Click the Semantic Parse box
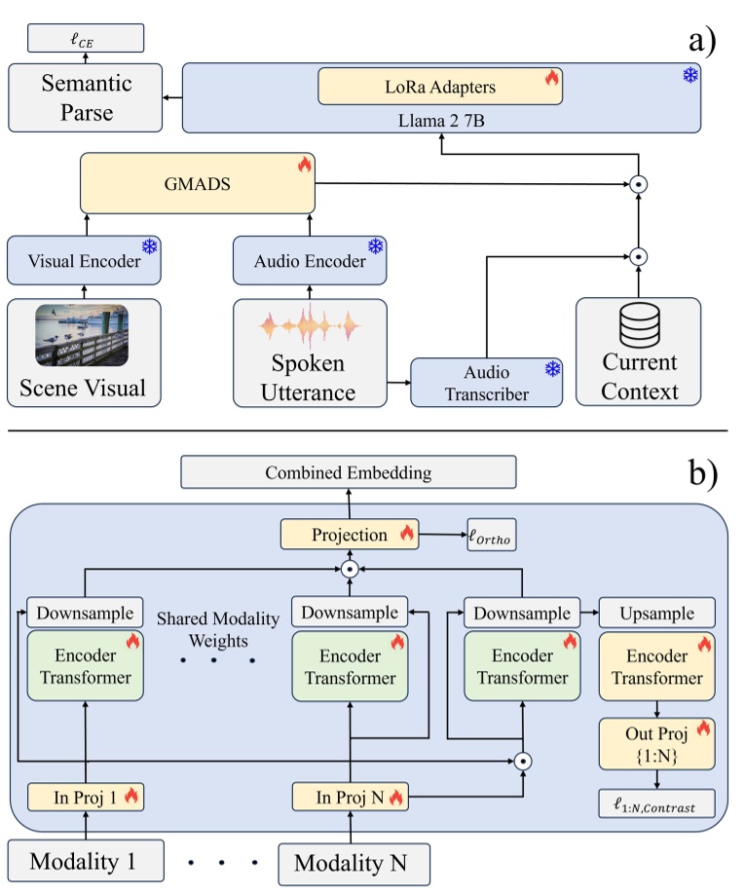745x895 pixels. pos(76,97)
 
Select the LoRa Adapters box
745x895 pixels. pos(440,87)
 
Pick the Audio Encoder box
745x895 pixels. pos(311,261)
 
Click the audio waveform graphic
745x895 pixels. pos(311,326)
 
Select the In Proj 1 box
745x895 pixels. pos(86,797)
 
